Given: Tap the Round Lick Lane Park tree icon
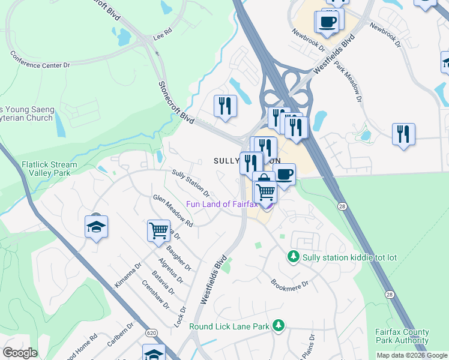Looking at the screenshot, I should click(278, 326).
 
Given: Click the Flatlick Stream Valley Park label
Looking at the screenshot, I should click(50, 169).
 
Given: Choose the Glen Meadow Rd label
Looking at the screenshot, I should click(173, 211).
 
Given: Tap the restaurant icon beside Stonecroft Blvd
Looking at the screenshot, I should click(225, 106).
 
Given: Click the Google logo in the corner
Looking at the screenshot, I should click(20, 353).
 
